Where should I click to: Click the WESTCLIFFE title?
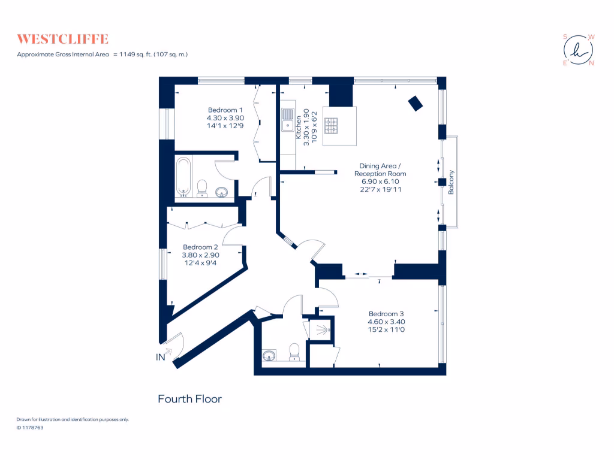[x=62, y=40]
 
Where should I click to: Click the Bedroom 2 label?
[x=200, y=247]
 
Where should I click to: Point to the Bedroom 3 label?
[x=386, y=314]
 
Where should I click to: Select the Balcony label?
[x=452, y=183]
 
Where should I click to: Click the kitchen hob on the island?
[x=331, y=126]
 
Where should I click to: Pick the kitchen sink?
[x=288, y=117]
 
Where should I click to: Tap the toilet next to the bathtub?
[x=202, y=188]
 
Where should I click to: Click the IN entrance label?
[x=161, y=358]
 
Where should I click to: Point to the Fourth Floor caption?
[x=189, y=399]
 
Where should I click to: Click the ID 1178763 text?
[x=29, y=428]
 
